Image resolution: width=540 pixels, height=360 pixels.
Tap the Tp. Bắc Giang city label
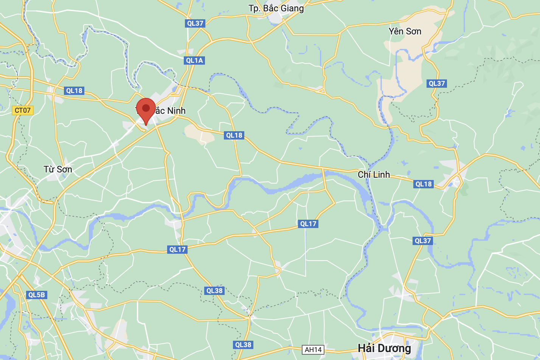pos(276,8)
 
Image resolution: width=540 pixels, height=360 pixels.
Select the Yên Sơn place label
pos(405,31)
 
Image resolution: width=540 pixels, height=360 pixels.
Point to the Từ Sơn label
pos(58,169)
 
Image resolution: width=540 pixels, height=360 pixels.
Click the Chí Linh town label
pos(374,175)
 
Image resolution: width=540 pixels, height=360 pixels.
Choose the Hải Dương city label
pos(384,348)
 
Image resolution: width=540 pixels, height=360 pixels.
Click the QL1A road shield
pos(195,61)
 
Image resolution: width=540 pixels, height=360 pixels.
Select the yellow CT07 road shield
pos(23,110)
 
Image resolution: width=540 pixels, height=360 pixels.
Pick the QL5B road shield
pos(37,295)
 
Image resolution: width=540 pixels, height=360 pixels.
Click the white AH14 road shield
pos(313,350)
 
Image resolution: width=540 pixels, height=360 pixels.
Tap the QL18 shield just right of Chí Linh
pos(424,184)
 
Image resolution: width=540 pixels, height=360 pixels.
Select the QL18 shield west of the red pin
pos(74,91)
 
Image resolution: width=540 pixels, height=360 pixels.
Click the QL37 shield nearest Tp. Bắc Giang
pos(195,23)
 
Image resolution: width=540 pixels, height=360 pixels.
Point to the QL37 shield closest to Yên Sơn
pos(437,84)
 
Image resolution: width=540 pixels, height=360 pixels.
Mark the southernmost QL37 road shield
pos(423,241)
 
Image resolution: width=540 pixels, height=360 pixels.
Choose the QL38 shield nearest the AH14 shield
pos(243,345)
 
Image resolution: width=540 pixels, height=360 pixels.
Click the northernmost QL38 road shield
pos(214,291)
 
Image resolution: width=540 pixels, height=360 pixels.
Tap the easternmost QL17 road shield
pos(308,224)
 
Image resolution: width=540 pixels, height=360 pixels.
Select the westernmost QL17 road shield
pos(177,250)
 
